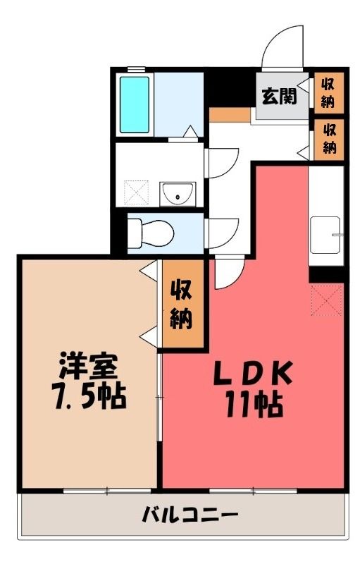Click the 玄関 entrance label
[279, 96]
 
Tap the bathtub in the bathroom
[135, 104]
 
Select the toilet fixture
[151, 233]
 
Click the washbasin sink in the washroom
[178, 195]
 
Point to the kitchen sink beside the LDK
[325, 235]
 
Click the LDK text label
[253, 373]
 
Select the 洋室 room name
[88, 365]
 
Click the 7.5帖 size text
[89, 396]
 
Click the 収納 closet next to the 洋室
[181, 304]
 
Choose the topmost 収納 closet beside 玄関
[328, 91]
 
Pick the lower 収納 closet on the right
[328, 139]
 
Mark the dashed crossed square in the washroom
[136, 193]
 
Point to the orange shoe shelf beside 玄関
[230, 115]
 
